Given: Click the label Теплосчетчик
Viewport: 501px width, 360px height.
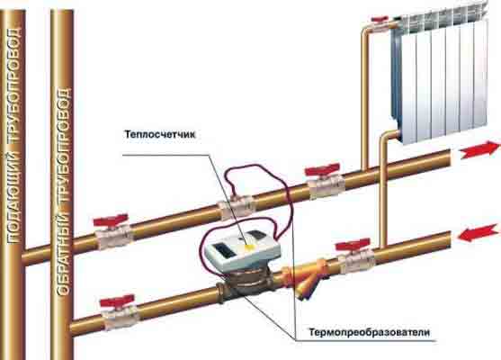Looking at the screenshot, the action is [159, 134].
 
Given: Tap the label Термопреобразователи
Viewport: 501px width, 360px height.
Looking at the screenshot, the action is [369, 332].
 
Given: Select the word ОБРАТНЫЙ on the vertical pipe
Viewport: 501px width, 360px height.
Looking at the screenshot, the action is [64, 250].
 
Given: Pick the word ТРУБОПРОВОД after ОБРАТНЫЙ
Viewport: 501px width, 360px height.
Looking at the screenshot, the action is [64, 146].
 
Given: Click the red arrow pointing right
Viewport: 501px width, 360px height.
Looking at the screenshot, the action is [479, 149].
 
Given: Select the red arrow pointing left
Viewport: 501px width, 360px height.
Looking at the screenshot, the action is [478, 233].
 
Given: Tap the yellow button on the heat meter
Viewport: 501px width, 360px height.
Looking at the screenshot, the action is [248, 247].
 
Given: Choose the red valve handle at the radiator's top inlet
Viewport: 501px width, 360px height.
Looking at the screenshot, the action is [380, 19].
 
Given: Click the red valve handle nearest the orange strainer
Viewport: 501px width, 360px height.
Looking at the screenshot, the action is [353, 246].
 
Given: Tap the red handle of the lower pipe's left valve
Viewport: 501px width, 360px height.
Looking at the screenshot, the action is [117, 301].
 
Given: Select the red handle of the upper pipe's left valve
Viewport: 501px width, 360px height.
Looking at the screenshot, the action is [111, 220].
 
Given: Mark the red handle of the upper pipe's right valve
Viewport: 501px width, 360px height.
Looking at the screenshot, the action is [322, 170].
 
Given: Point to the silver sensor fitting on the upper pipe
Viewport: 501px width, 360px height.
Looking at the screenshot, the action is [237, 207].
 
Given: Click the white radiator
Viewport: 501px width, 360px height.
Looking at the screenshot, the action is [442, 76].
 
